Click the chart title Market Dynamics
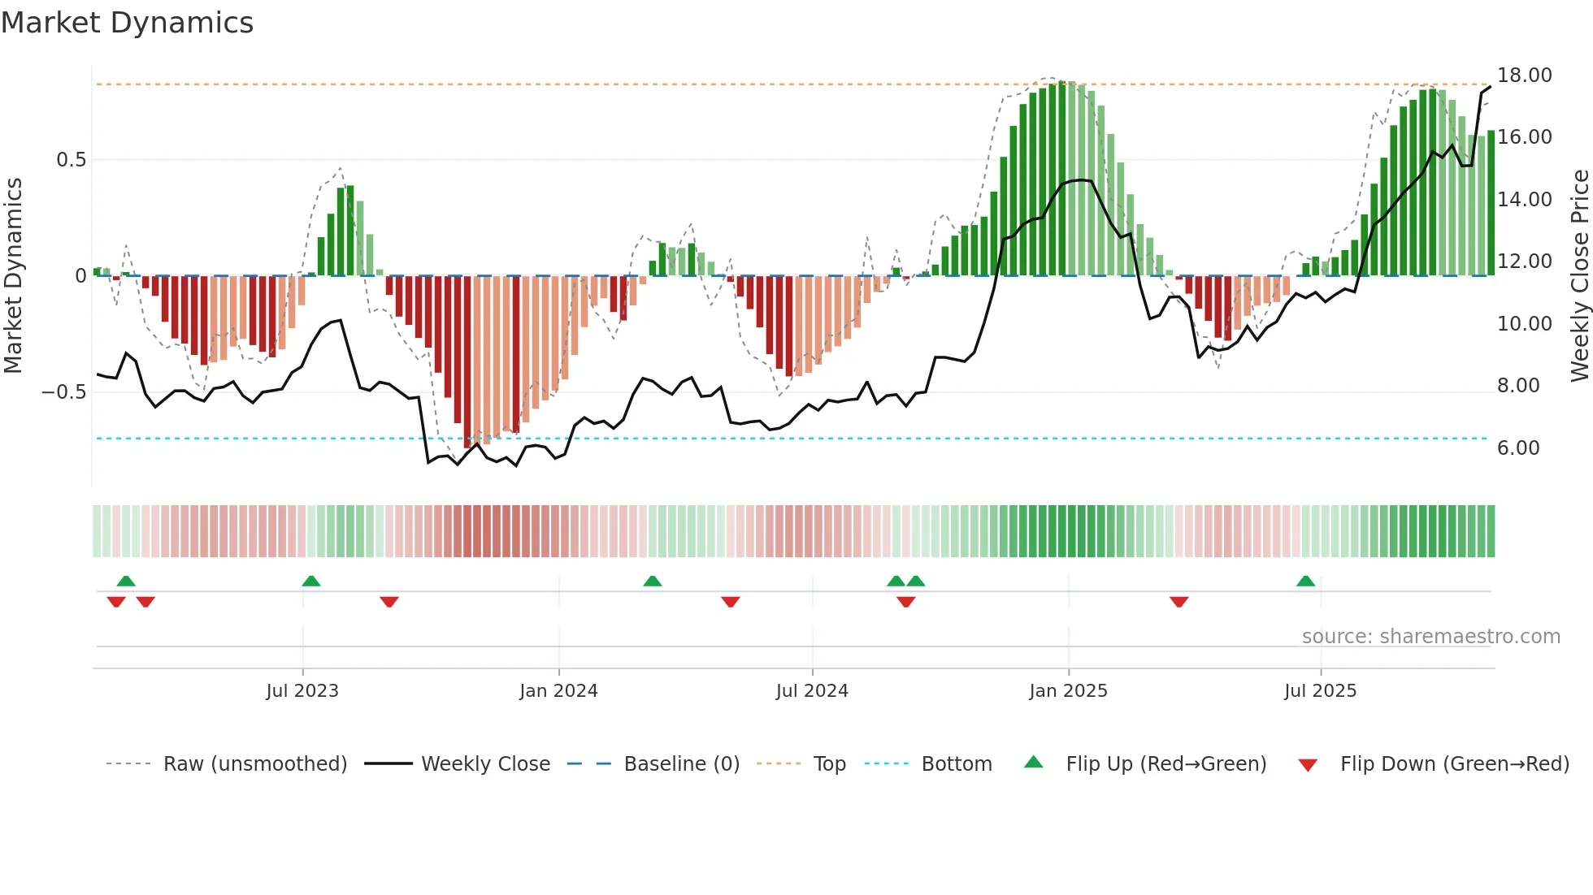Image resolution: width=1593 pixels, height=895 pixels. (x=127, y=23)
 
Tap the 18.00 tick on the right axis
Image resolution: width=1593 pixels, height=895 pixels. (x=1524, y=76)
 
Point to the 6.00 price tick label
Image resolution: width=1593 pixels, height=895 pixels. (x=1517, y=448)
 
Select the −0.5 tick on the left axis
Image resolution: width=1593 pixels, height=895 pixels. (x=63, y=392)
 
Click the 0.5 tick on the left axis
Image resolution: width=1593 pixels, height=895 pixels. (x=71, y=160)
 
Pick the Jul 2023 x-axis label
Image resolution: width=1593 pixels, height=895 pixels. (x=302, y=691)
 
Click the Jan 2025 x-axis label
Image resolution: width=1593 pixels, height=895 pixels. (x=1067, y=691)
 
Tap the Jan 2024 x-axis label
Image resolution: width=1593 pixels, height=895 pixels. (x=558, y=691)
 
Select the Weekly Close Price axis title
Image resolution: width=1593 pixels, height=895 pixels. (x=1579, y=275)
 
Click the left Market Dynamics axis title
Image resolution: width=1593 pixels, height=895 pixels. (x=13, y=275)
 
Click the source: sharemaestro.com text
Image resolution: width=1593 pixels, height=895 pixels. (x=1430, y=637)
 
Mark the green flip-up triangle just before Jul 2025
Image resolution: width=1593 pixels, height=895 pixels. (x=1305, y=581)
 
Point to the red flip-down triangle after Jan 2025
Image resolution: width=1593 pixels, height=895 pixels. (x=1178, y=602)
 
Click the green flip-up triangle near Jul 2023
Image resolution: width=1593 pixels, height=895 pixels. (x=310, y=581)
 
